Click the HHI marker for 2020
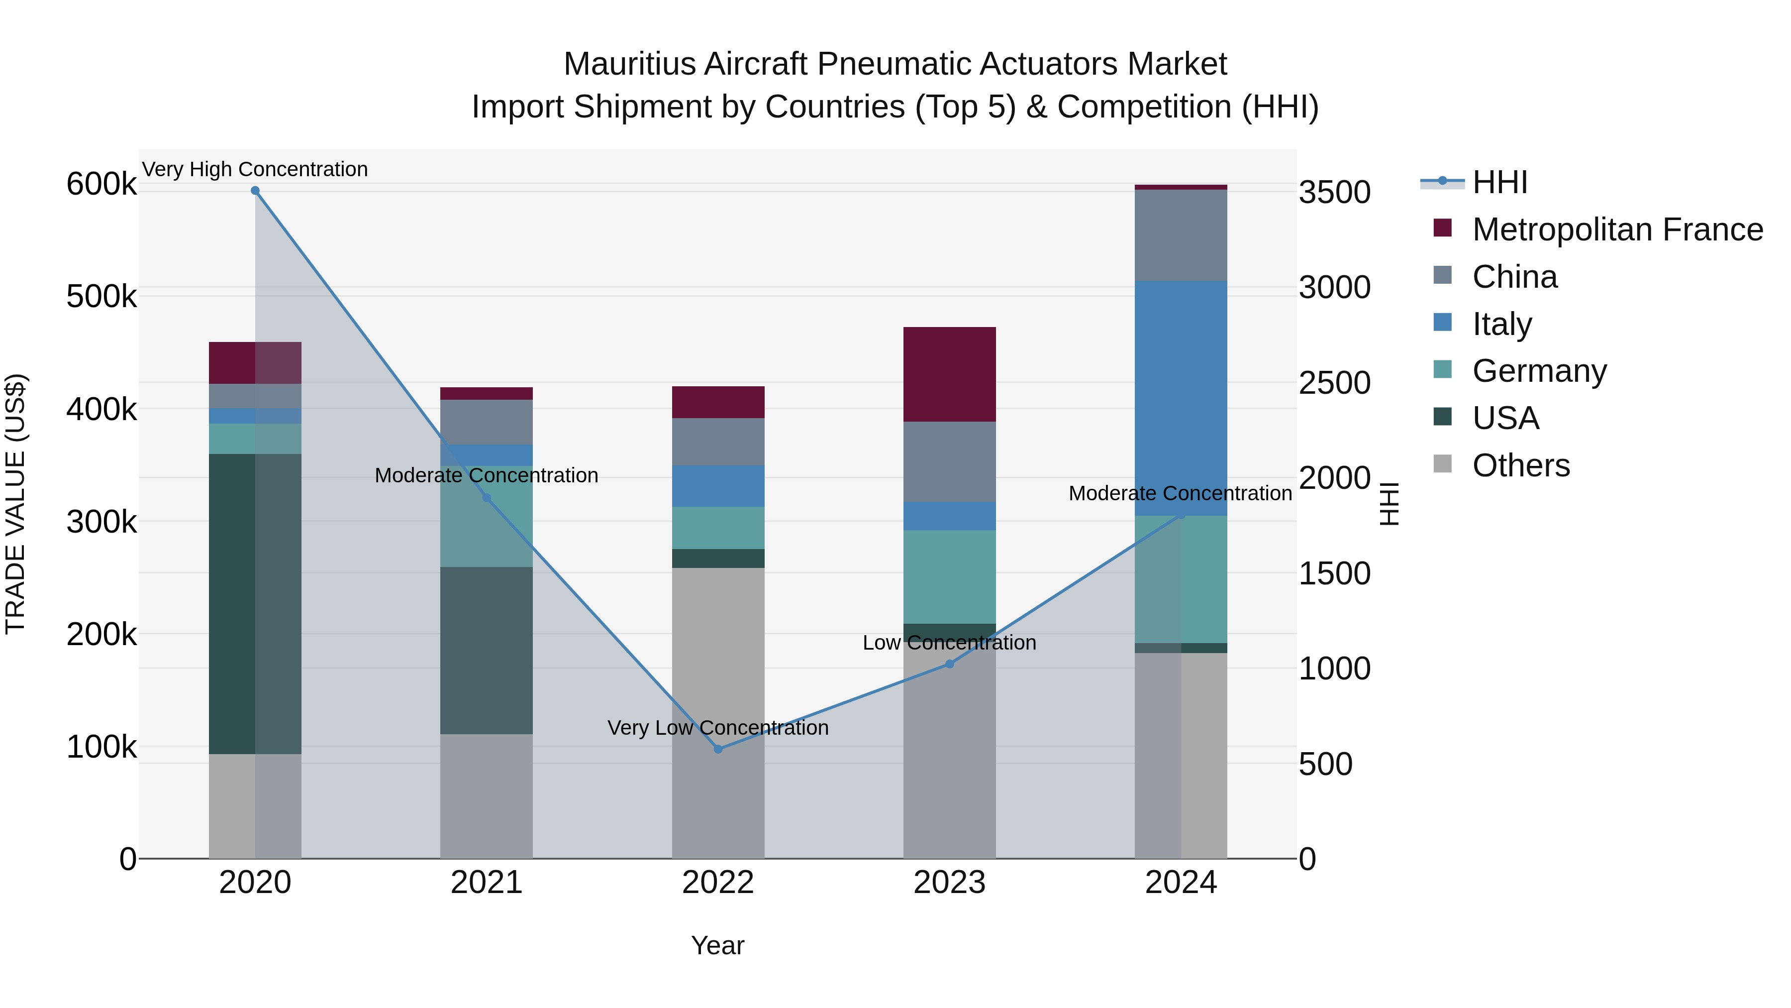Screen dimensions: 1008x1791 tap(255, 191)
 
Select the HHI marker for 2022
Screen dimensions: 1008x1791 tap(718, 749)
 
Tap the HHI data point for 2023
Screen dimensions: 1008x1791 tap(950, 665)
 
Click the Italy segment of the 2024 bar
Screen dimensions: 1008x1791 tap(1181, 398)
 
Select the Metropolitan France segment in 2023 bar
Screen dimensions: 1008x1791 tap(950, 374)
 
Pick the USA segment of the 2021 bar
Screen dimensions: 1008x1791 tap(487, 651)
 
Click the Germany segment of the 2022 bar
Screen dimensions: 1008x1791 tap(718, 528)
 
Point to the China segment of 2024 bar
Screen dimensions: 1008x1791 tap(1181, 235)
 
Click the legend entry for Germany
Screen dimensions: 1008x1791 tap(1539, 371)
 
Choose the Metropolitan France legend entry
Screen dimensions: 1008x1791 tap(1616, 229)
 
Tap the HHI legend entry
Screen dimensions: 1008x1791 tap(1499, 182)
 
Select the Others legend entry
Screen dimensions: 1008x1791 tap(1520, 465)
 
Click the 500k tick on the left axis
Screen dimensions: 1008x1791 tap(101, 297)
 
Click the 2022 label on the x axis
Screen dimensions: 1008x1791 tap(718, 883)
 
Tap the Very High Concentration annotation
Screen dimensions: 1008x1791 tap(255, 170)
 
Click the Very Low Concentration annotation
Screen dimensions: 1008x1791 tap(718, 728)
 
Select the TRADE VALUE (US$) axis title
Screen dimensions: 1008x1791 tap(16, 504)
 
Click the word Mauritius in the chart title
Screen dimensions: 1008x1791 tap(629, 64)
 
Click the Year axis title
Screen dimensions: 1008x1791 tap(717, 945)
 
